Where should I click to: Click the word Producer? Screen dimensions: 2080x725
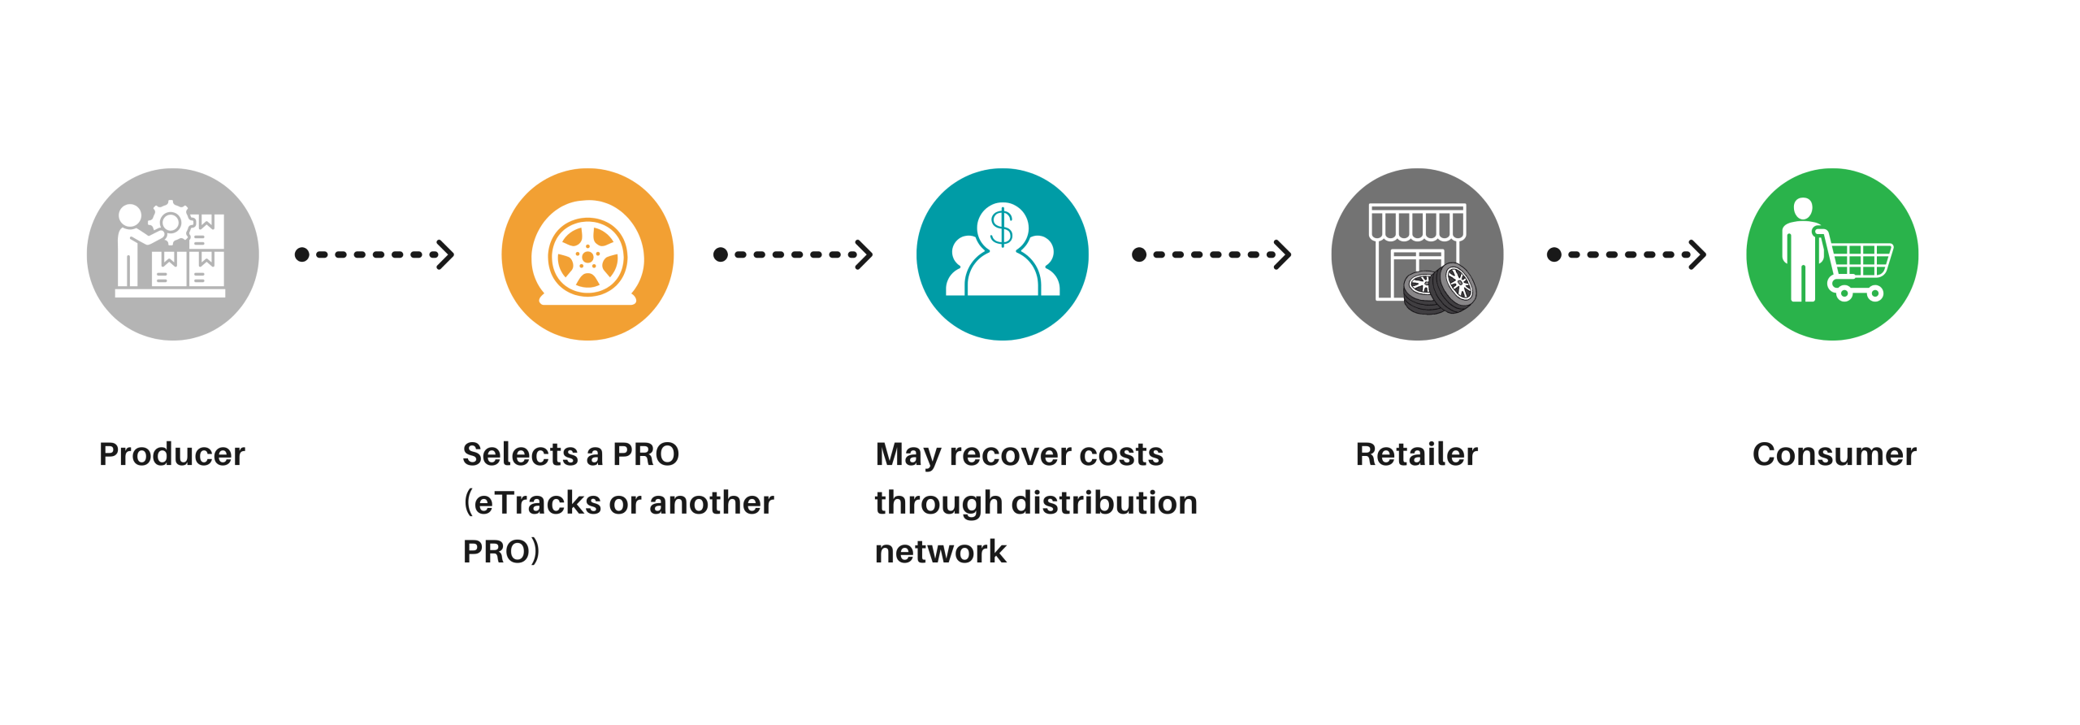[x=171, y=454]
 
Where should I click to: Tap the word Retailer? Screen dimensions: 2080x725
[x=1416, y=454]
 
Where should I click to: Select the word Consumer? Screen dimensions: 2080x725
[x=1834, y=454]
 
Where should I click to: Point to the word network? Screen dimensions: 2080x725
[x=940, y=552]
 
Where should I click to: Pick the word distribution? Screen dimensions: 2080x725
[x=1104, y=503]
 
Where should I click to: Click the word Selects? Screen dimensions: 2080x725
[x=520, y=454]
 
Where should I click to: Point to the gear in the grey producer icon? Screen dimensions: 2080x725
[x=170, y=221]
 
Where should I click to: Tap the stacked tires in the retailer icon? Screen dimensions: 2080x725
[x=1440, y=289]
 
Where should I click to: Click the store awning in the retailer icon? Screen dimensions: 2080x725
[x=1418, y=222]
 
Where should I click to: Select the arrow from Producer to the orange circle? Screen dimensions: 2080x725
[x=375, y=254]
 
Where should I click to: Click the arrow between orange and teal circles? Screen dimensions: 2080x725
[x=793, y=254]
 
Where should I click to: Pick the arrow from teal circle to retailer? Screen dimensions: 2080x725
[x=1211, y=254]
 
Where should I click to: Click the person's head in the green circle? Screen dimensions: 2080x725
[x=1803, y=208]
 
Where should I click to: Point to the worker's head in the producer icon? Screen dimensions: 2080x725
[x=130, y=215]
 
